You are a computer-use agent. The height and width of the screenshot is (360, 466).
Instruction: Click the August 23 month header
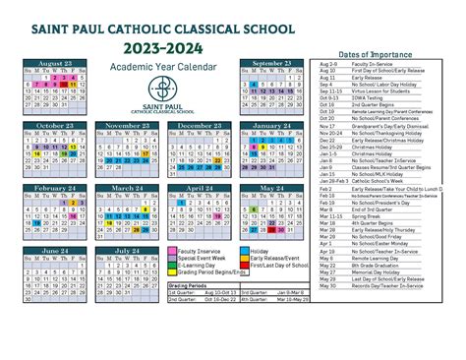(55, 63)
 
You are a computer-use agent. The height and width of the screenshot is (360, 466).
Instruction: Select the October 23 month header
(55, 126)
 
